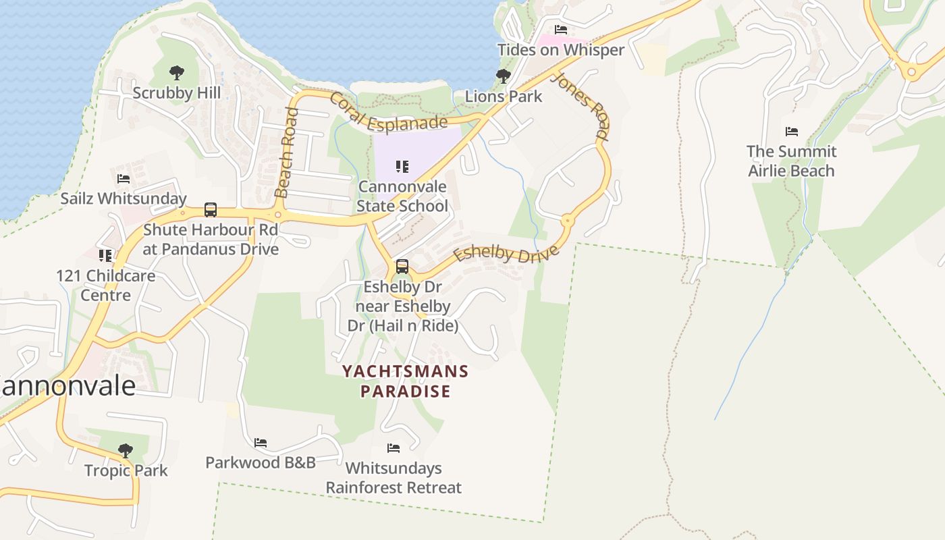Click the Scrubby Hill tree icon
point(177,72)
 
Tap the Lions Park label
point(504,97)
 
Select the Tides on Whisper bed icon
point(560,30)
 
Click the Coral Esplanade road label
point(388,114)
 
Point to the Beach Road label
point(287,153)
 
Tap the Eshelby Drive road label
point(506,254)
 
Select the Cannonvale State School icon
point(402,166)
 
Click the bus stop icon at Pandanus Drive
point(211,210)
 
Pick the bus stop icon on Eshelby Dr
point(402,267)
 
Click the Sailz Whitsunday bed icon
point(124,179)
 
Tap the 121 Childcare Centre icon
point(105,256)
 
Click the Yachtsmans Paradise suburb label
point(405,381)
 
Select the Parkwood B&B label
point(261,463)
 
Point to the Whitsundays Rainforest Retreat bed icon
point(394,448)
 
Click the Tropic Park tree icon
point(125,450)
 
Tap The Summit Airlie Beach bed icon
point(792,132)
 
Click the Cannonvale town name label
point(67,386)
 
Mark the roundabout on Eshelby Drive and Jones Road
point(568,221)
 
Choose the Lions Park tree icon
point(503,76)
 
